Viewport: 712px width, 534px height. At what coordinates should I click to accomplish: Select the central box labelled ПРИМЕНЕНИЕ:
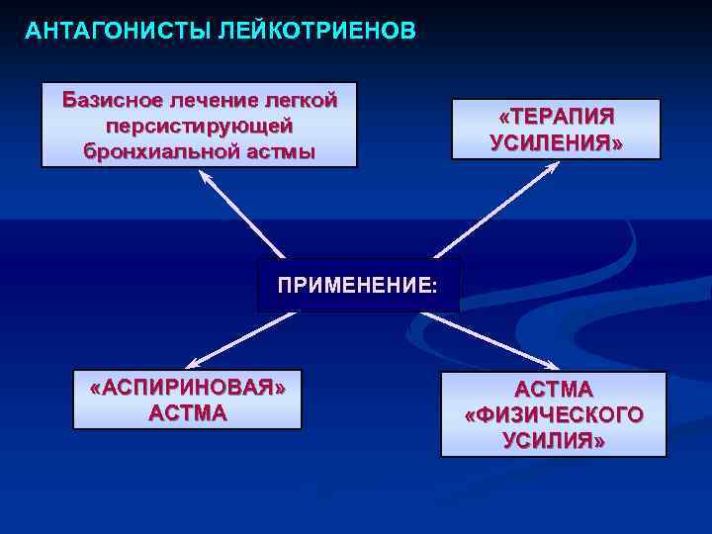click(x=357, y=286)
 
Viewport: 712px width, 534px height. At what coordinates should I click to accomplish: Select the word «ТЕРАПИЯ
click(x=556, y=117)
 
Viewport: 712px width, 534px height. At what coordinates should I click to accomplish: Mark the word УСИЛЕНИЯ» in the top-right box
click(x=556, y=142)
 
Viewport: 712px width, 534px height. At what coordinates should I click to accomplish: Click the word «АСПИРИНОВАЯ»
click(x=187, y=387)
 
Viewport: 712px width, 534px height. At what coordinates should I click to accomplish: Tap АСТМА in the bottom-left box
click(x=187, y=412)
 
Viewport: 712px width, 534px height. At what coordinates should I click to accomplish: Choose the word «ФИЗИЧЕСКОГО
click(x=554, y=414)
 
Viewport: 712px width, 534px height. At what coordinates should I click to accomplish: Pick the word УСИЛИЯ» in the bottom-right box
click(x=554, y=440)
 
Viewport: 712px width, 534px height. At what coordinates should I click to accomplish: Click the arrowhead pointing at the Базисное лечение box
click(x=206, y=177)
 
